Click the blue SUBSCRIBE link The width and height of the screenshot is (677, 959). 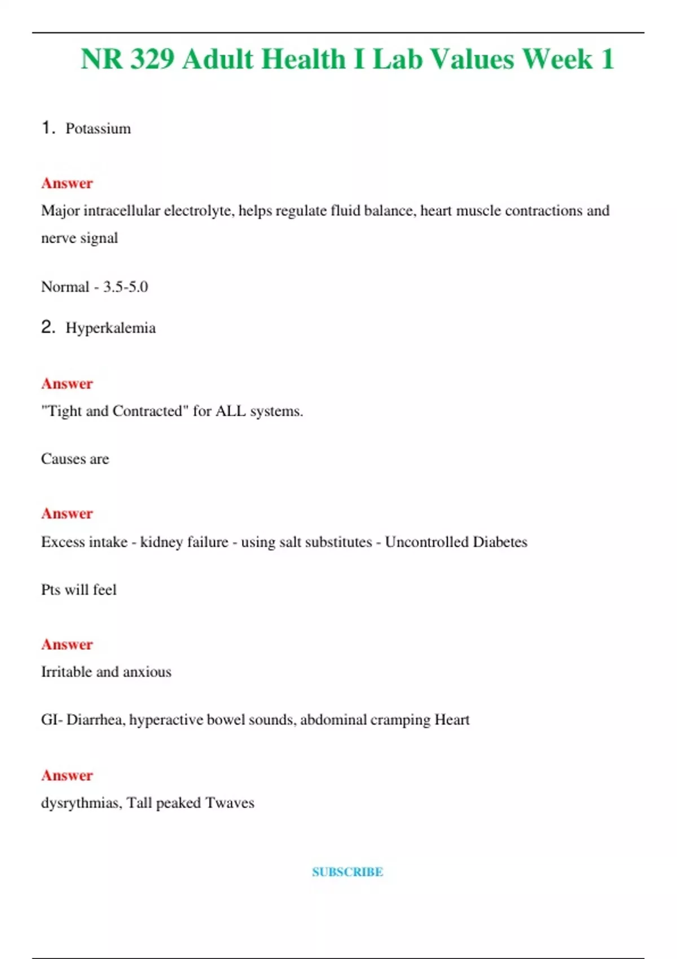click(x=348, y=872)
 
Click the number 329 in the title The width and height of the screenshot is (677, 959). click(x=152, y=59)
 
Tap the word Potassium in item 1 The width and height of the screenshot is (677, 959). click(x=98, y=129)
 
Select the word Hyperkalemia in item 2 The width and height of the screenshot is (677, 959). click(x=111, y=328)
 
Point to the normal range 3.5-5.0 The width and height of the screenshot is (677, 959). click(x=125, y=287)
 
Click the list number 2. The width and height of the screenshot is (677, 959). click(x=48, y=327)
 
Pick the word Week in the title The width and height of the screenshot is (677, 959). click(x=557, y=59)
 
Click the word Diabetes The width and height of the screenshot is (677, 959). click(x=500, y=542)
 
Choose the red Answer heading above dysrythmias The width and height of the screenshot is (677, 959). click(x=67, y=775)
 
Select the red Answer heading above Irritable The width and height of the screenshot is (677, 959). click(x=67, y=644)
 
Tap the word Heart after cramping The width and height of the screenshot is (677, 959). click(x=452, y=720)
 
